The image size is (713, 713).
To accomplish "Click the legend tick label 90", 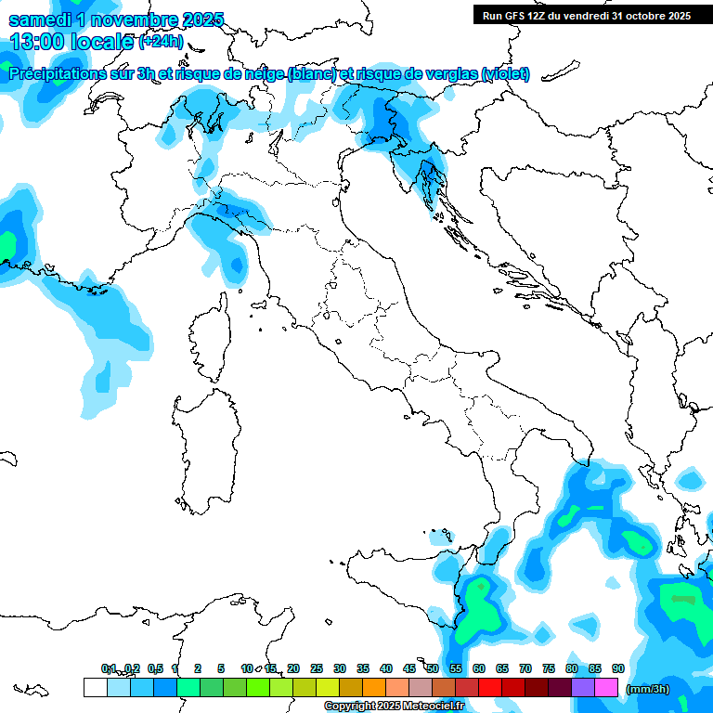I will coord(617,668).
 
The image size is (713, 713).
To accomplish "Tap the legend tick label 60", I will coord(479,668).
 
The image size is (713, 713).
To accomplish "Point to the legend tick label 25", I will coord(317,668).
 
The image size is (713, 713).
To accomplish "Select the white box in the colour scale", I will coord(95,687).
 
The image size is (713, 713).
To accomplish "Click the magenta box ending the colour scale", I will coord(606,687).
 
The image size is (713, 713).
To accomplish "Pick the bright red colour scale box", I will coord(490,687).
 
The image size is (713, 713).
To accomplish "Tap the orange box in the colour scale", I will coord(374,687).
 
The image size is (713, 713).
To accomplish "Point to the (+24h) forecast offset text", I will coord(161,42).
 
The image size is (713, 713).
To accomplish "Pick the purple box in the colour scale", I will coord(583,687).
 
